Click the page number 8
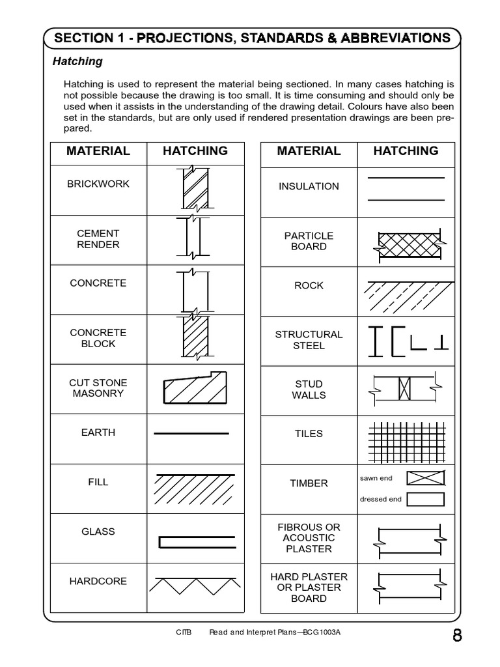457,636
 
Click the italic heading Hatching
77,61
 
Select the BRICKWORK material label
98,184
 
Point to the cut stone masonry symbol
195,388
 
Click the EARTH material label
98,433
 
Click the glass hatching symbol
196,541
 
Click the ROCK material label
309,285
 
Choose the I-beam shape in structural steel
376,341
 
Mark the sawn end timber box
425,479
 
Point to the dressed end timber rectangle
425,500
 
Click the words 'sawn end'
376,478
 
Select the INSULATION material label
309,186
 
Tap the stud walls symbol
405,390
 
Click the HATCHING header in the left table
195,151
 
